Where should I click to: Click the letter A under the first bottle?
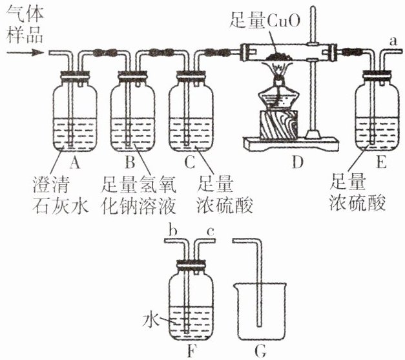[x=74, y=163]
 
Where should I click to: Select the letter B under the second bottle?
[x=130, y=163]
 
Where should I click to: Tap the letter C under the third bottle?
[x=190, y=163]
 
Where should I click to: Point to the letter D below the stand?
[x=298, y=163]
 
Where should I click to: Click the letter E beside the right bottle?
[x=382, y=163]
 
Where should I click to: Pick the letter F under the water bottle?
[x=191, y=351]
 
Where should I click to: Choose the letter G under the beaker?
[x=260, y=351]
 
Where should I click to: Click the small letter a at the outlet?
[x=393, y=41]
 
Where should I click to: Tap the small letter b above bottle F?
[x=172, y=230]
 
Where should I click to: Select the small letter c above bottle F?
[x=211, y=232]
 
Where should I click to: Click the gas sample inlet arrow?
[x=25, y=53]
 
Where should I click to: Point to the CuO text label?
[x=265, y=19]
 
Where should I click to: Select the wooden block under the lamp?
[x=279, y=124]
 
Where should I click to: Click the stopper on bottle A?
[x=75, y=76]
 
